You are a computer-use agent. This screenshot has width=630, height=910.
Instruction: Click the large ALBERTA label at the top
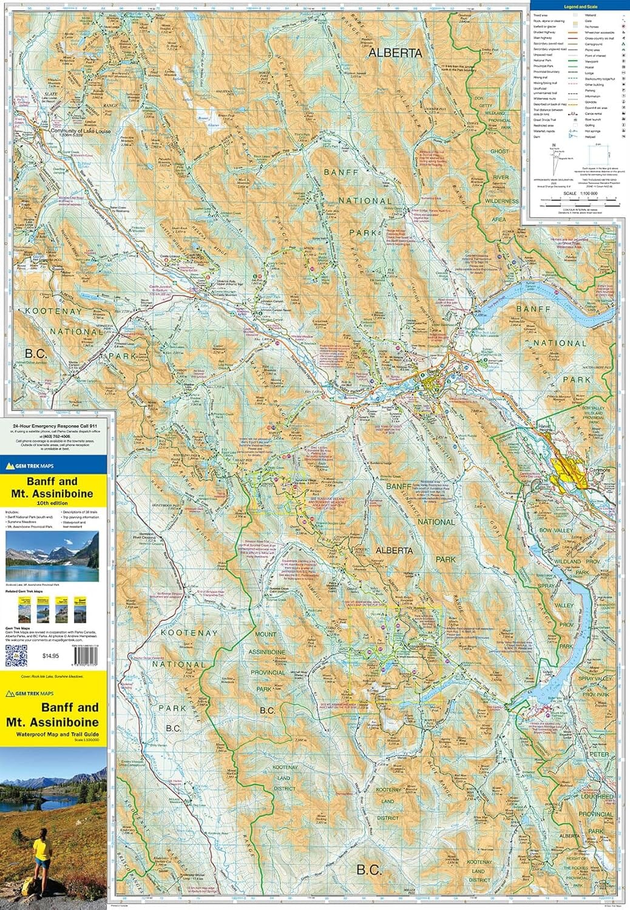pyautogui.click(x=395, y=53)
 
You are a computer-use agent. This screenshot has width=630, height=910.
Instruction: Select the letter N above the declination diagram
pyautogui.click(x=554, y=144)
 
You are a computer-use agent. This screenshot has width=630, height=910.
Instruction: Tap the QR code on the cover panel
pyautogui.click(x=16, y=656)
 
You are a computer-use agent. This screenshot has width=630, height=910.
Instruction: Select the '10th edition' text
pyautogui.click(x=52, y=503)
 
